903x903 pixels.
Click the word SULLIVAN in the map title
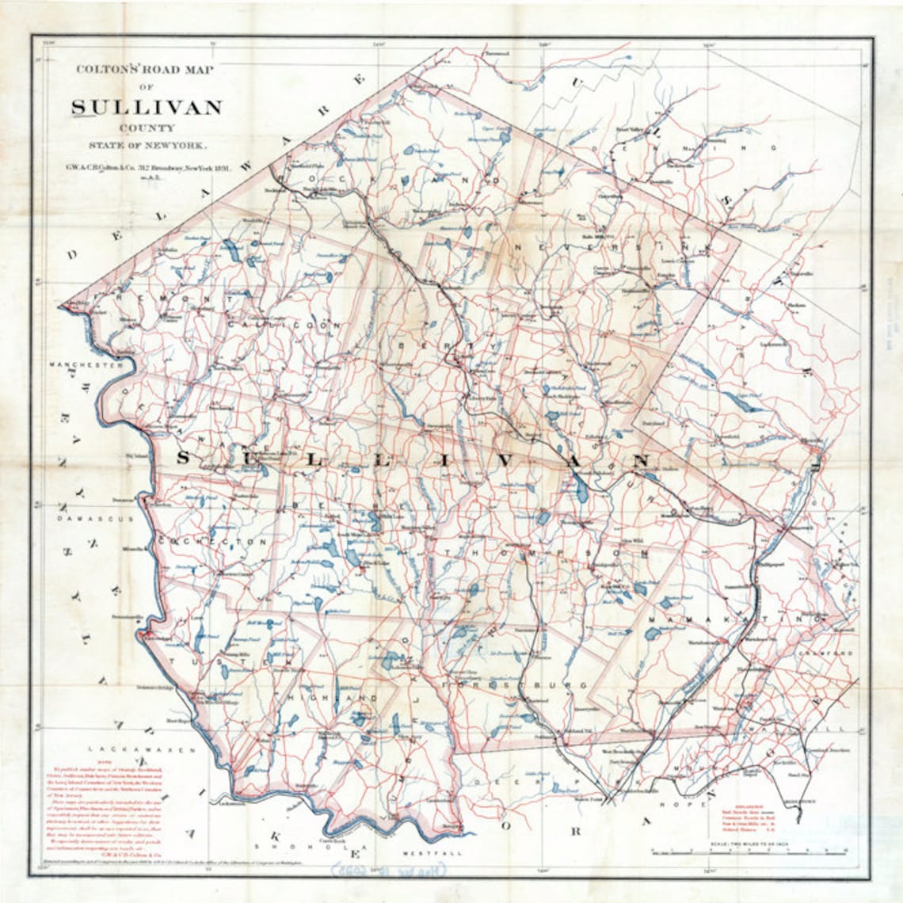click(x=147, y=107)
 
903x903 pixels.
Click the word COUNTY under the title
click(x=147, y=128)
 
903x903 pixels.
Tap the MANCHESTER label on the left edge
click(x=86, y=365)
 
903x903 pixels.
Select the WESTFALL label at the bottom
click(x=421, y=854)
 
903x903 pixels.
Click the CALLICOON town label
click(x=285, y=325)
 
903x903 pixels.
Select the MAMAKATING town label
click(x=737, y=617)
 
